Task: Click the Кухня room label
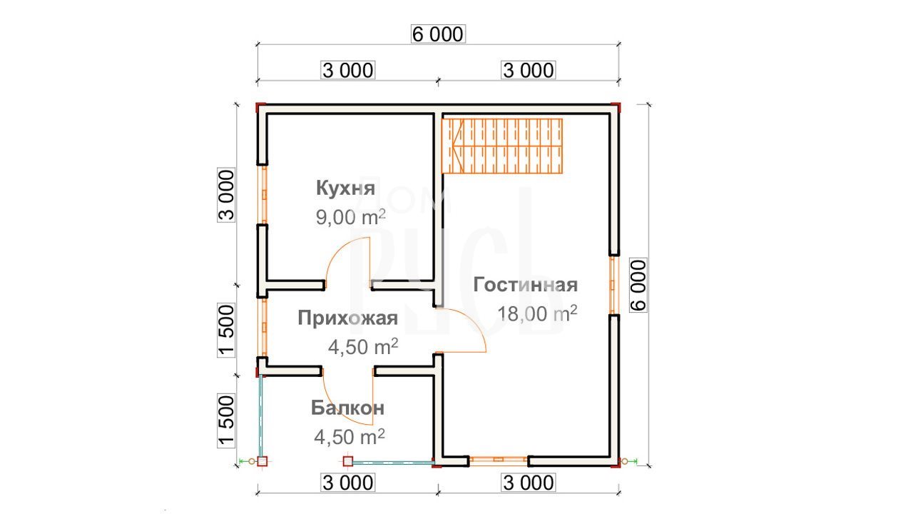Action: (x=345, y=188)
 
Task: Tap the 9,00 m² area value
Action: (x=350, y=217)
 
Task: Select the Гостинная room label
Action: (x=526, y=285)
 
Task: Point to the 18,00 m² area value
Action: (x=537, y=313)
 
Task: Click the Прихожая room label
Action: (x=347, y=318)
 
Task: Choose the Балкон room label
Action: (x=347, y=408)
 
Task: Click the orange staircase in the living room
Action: (x=503, y=146)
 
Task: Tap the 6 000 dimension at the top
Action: (x=438, y=34)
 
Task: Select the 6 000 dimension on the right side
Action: (x=638, y=285)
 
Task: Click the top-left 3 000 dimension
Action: (x=347, y=71)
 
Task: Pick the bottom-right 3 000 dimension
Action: (x=529, y=483)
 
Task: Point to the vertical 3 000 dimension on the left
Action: (x=226, y=195)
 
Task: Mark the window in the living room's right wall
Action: (x=614, y=285)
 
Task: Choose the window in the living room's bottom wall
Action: (x=499, y=461)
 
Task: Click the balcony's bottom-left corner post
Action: (x=262, y=461)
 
